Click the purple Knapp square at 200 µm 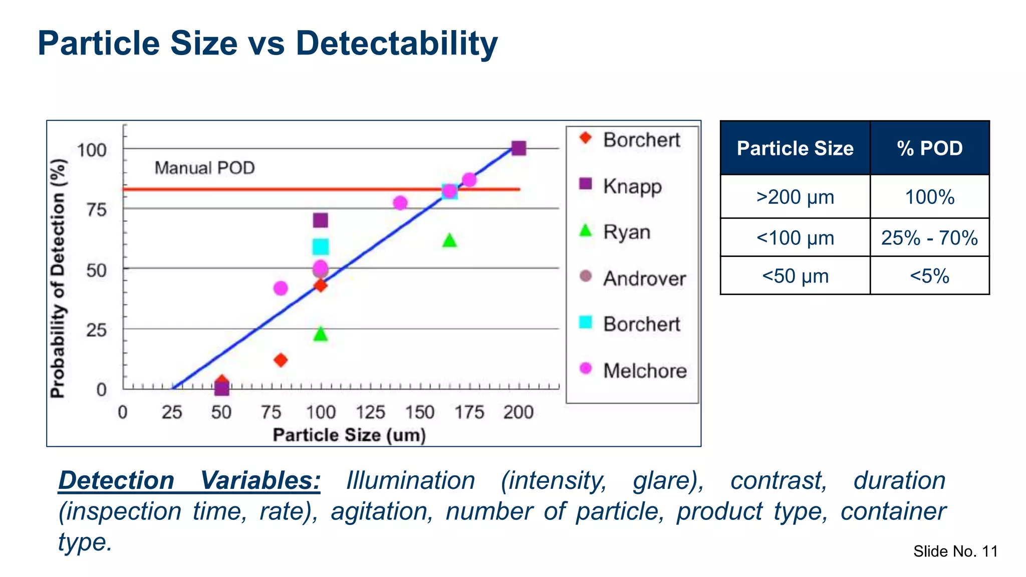519,148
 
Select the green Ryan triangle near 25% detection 321,334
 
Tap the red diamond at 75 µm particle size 281,360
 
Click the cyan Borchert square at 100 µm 321,246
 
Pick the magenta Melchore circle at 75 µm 281,288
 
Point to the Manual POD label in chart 204,168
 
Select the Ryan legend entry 626,232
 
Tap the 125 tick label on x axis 370,412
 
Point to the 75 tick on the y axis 96,209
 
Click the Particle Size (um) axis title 349,435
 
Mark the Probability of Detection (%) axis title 58,278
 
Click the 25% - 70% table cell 929,237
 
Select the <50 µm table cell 795,276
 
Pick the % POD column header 929,148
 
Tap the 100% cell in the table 929,197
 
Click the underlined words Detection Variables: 189,480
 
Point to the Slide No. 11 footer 955,551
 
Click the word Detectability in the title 396,43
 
